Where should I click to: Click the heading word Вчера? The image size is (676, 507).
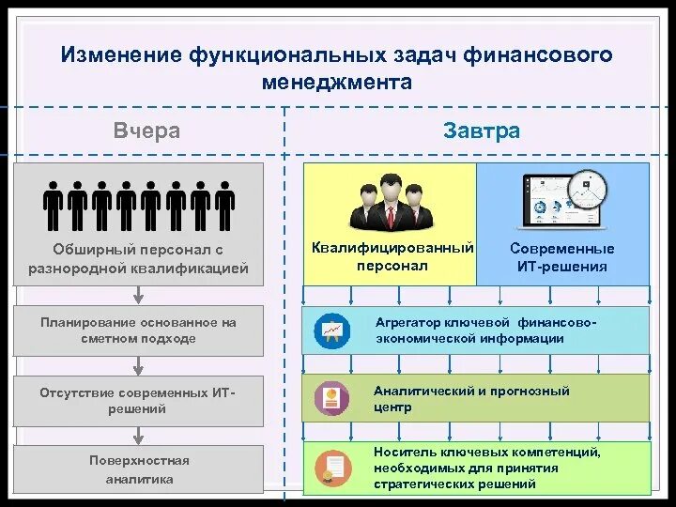(146, 131)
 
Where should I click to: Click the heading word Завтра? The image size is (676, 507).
(481, 131)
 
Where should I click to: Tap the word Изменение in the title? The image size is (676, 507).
(122, 55)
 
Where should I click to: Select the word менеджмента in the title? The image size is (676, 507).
(337, 82)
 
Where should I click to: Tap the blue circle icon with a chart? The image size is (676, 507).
(331, 330)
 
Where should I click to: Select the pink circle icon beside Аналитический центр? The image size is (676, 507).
(331, 398)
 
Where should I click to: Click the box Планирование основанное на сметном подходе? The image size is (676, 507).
(138, 330)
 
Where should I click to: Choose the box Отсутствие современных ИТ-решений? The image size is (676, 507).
(138, 401)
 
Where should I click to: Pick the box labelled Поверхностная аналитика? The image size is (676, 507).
(138, 469)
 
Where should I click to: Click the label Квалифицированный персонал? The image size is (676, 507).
(392, 256)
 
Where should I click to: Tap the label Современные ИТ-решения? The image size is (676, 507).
(562, 257)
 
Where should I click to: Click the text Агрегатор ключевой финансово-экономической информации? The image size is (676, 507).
(484, 330)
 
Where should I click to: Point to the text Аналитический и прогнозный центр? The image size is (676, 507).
(471, 399)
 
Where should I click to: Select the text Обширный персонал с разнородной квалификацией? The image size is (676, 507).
(138, 259)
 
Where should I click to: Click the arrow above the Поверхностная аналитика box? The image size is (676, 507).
(139, 433)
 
